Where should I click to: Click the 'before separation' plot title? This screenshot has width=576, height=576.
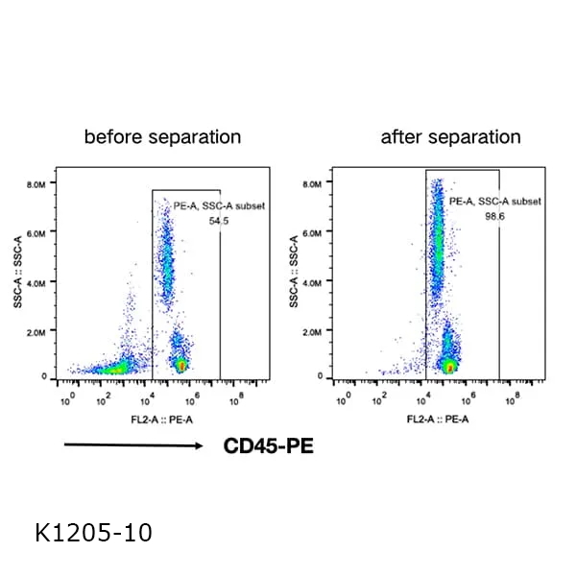pyautogui.click(x=162, y=136)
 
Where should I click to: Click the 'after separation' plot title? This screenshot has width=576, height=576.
pyautogui.click(x=450, y=136)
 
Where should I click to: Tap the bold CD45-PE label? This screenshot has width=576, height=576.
pyautogui.click(x=268, y=445)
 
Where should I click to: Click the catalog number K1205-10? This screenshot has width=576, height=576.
pyautogui.click(x=92, y=531)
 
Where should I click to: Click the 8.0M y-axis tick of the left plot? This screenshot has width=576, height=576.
pyautogui.click(x=37, y=182)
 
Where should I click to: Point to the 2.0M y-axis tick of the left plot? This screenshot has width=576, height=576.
pyautogui.click(x=37, y=332)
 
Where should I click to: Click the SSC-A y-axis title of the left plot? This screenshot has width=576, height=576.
pyautogui.click(x=19, y=275)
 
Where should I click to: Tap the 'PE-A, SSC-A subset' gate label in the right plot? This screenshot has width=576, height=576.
pyautogui.click(x=495, y=202)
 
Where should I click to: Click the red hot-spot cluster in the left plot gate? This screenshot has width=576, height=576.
pyautogui.click(x=181, y=365)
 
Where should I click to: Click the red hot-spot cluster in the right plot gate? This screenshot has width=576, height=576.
pyautogui.click(x=448, y=366)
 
